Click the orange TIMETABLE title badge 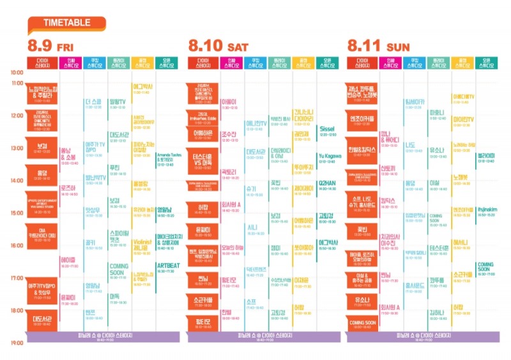(66, 24)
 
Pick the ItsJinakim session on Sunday (486, 210)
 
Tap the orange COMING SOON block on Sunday (363, 324)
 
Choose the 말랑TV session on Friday (118, 103)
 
